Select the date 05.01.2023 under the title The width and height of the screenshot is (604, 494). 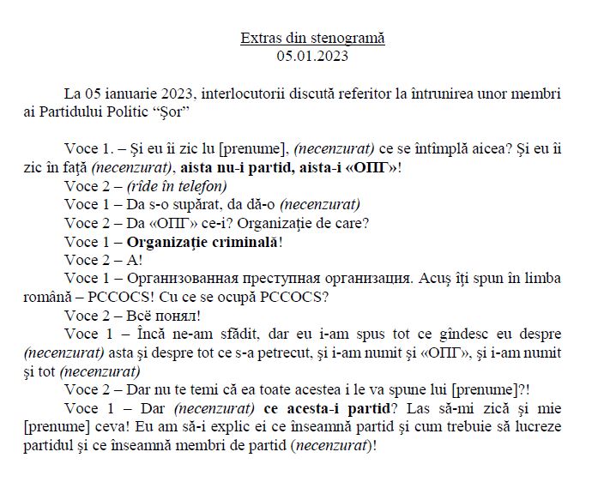[312, 57]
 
